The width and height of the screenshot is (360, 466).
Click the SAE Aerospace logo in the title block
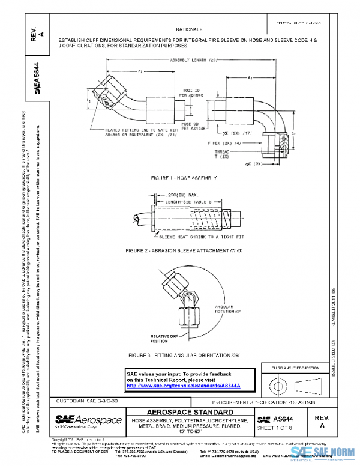[x=88, y=420]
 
